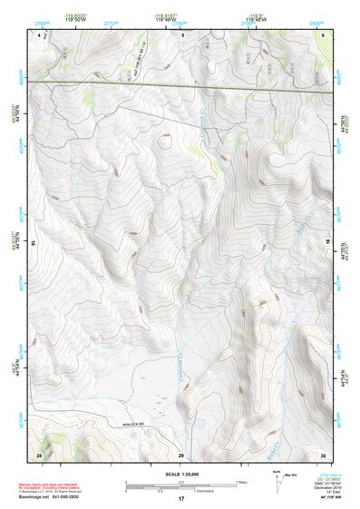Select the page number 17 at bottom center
tap(180, 500)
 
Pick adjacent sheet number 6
tap(323, 35)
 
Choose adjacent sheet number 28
tap(39, 454)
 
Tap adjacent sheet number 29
tap(180, 454)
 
